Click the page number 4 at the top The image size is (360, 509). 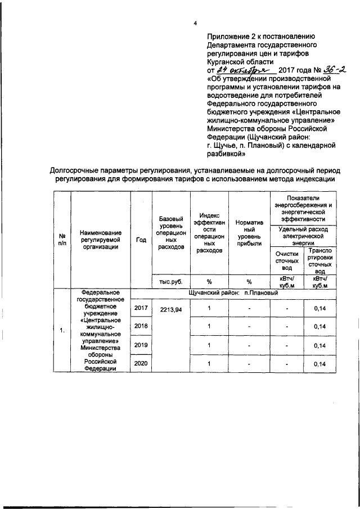coord(195,23)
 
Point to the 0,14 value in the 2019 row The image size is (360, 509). coord(319,345)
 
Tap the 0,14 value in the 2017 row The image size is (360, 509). coord(319,308)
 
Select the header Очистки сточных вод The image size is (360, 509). coord(286,261)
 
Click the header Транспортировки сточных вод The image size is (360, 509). coord(319,261)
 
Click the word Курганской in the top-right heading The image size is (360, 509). coord(226,61)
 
